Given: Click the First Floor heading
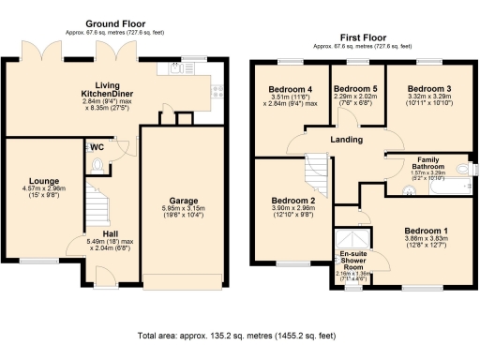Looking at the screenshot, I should [362, 37].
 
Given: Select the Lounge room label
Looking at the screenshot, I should [44, 180].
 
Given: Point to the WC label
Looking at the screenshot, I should [97, 147].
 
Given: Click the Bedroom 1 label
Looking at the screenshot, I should [427, 231].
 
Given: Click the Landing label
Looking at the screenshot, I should [348, 140].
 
